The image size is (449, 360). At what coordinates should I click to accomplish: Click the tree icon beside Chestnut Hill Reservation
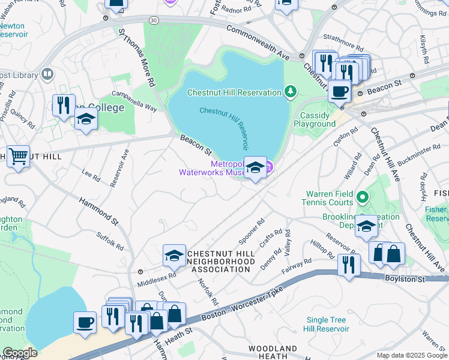click(x=291, y=92)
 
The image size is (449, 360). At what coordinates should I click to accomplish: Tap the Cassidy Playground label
click(x=315, y=119)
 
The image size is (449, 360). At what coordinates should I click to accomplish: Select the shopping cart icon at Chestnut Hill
click(x=18, y=157)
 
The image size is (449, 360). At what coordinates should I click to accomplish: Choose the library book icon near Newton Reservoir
click(x=47, y=74)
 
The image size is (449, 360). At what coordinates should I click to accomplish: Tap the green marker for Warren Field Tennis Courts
click(x=363, y=197)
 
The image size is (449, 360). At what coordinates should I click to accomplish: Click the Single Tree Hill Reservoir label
click(x=327, y=324)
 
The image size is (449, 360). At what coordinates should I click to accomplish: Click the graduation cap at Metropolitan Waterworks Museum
click(x=255, y=168)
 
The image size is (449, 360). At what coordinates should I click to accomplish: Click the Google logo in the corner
click(x=20, y=353)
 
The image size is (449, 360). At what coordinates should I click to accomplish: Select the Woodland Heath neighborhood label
click(x=273, y=352)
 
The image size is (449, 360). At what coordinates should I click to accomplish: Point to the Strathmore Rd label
click(x=343, y=47)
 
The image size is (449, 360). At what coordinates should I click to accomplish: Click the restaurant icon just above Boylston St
click(x=348, y=265)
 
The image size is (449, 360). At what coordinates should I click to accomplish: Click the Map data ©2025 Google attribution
click(x=411, y=355)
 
